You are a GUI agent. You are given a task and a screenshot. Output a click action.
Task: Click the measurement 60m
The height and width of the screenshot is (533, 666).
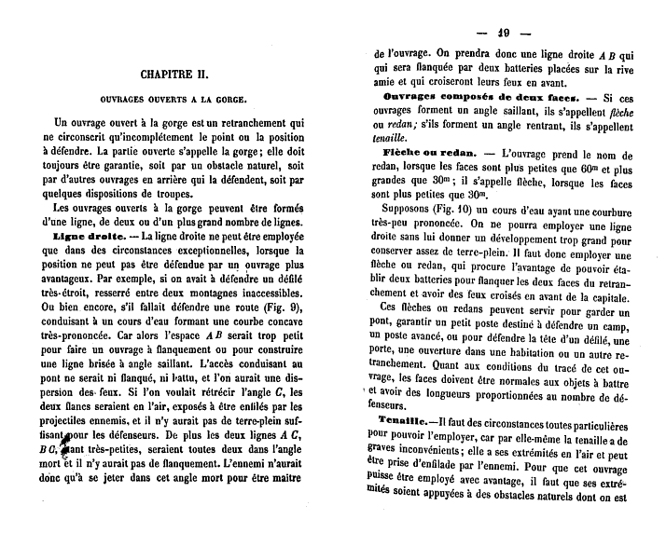coord(582,169)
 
